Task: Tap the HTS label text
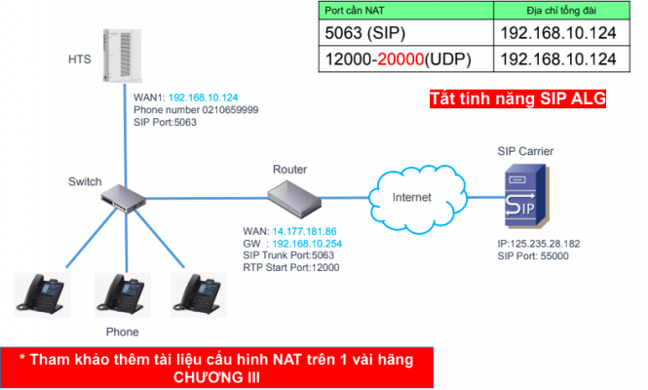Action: (81, 59)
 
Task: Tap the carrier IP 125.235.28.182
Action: (539, 245)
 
